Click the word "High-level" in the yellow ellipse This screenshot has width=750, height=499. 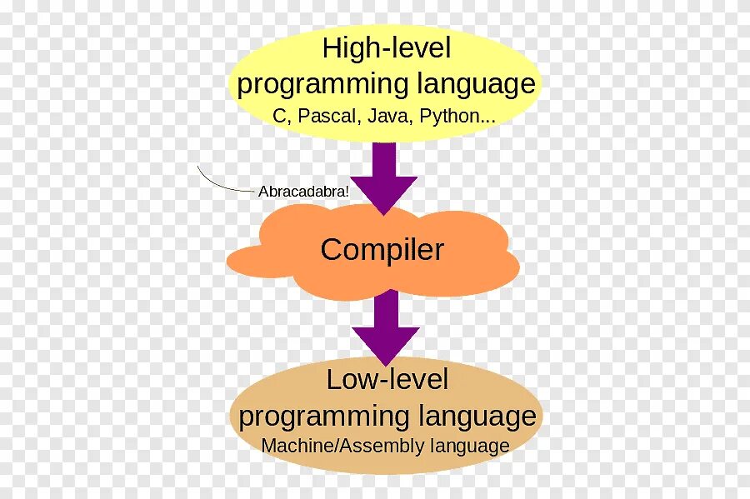coord(386,48)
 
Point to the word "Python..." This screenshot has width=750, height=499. coord(457,117)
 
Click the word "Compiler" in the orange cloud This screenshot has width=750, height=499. coord(382,250)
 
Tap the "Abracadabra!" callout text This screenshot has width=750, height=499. coord(303,190)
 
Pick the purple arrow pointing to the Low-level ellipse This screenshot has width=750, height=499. coord(385,321)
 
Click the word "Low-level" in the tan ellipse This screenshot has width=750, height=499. coord(387,380)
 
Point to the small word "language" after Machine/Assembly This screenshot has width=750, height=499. coord(470,446)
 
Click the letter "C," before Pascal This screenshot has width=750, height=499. coord(279,117)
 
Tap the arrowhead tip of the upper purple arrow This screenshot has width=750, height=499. coord(383,212)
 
